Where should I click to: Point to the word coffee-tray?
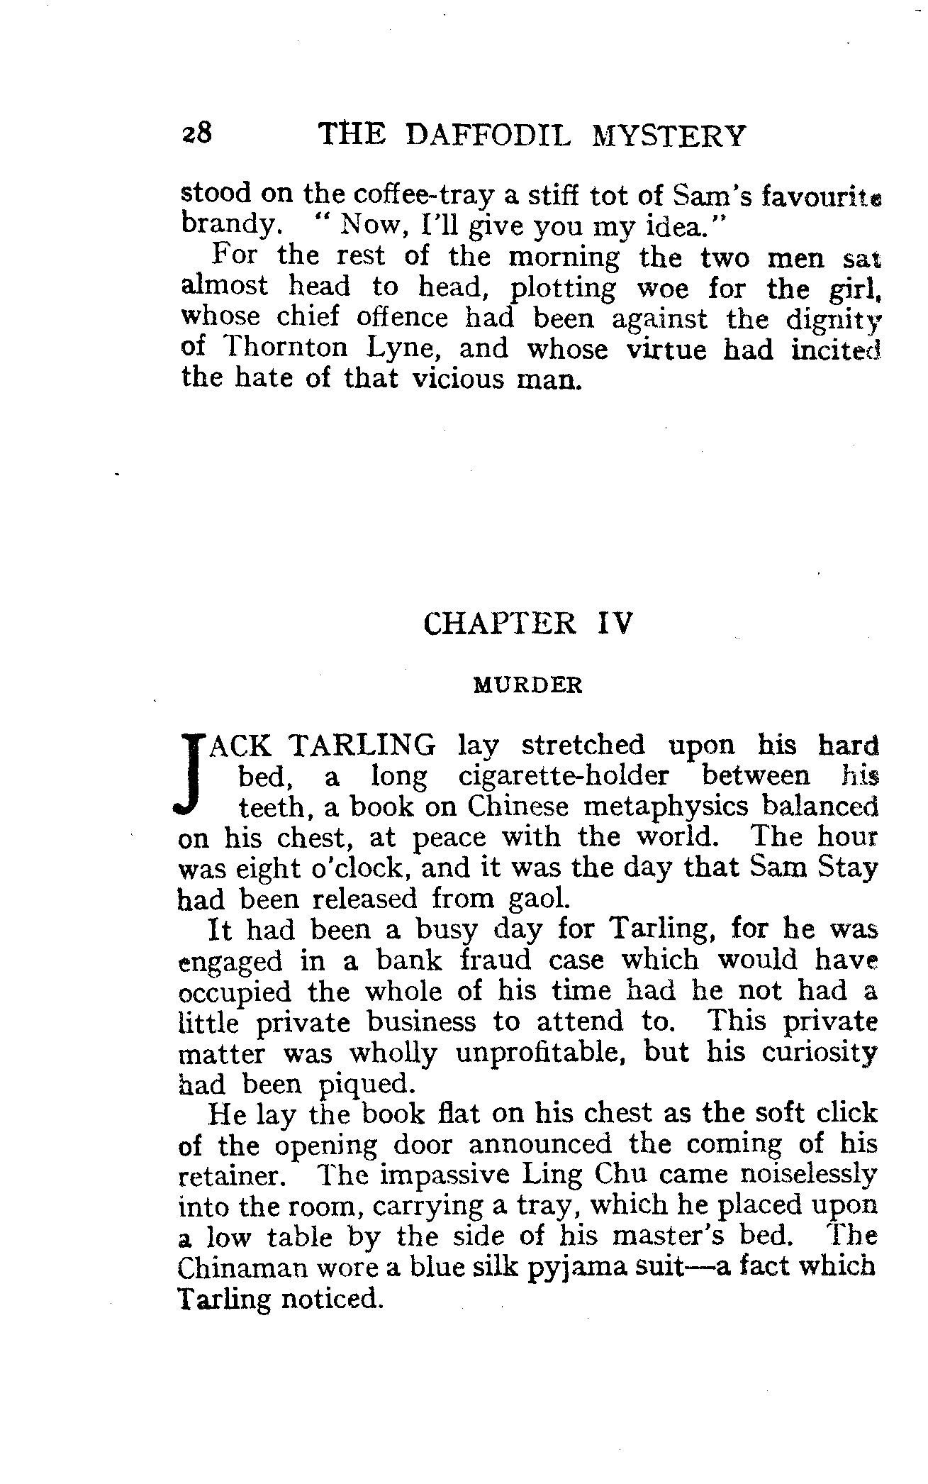(404, 194)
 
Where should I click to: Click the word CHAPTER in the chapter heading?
(499, 624)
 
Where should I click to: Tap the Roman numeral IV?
(613, 624)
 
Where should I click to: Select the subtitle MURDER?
(528, 686)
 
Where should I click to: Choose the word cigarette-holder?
(564, 777)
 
